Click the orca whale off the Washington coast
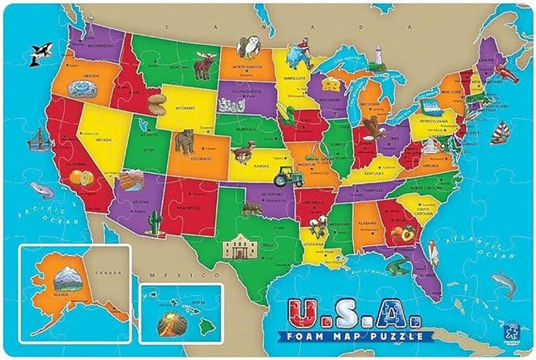point(36,55)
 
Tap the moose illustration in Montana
point(204,66)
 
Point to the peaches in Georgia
point(406,235)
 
